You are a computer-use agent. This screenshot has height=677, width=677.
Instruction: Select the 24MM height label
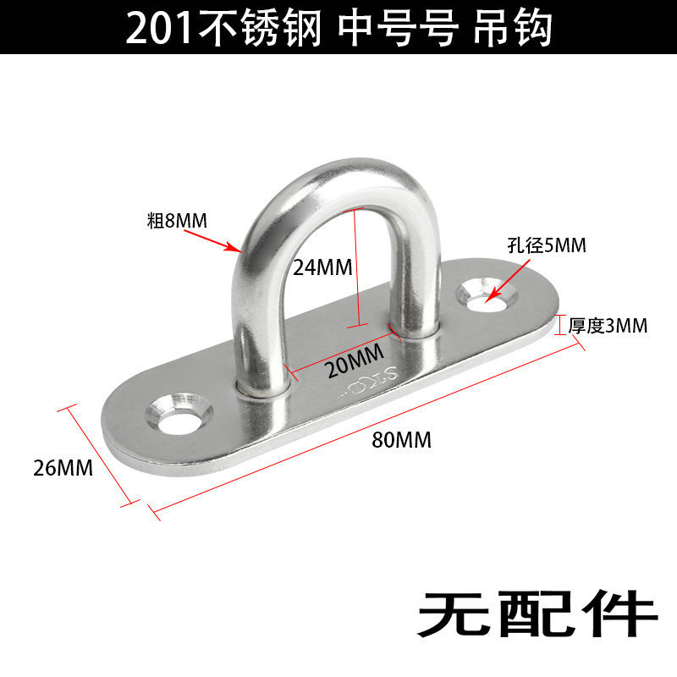322,267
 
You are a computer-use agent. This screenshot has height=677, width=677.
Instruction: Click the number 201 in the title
161,29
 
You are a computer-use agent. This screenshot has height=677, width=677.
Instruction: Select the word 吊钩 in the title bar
515,29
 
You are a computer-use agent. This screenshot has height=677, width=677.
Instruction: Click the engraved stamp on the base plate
369,380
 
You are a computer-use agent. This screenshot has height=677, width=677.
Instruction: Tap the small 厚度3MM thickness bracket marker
559,325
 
